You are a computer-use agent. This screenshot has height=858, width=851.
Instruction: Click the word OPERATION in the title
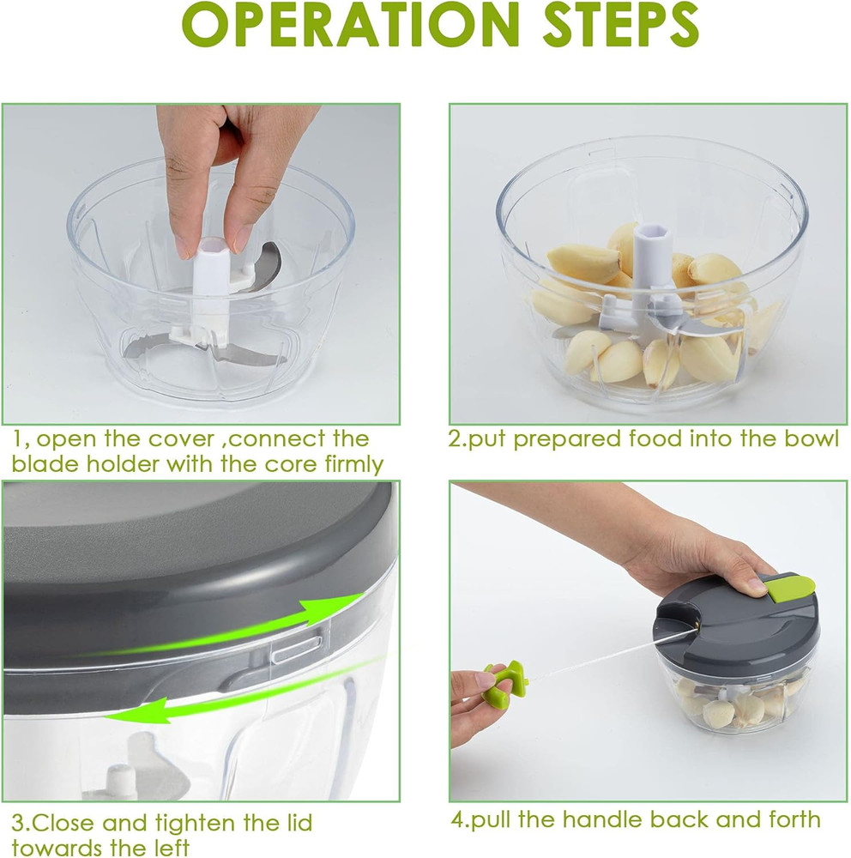click(335, 27)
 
